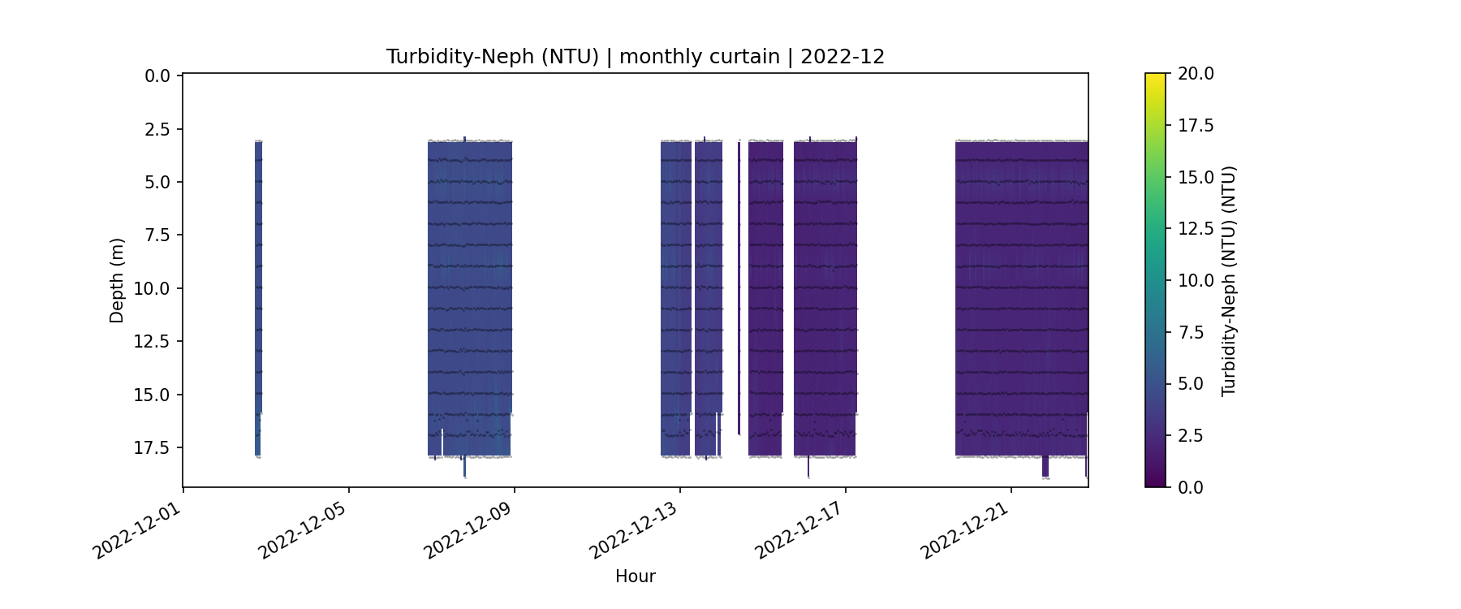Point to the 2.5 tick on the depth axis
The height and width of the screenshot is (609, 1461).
(157, 129)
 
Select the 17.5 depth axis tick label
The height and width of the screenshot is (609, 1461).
(153, 448)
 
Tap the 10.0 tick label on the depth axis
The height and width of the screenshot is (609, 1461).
(153, 289)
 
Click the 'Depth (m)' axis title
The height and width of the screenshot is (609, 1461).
(117, 280)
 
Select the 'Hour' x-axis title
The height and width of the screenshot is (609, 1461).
(635, 577)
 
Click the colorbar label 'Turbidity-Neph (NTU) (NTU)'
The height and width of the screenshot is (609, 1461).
(1228, 280)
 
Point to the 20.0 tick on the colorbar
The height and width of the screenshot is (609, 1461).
(1196, 74)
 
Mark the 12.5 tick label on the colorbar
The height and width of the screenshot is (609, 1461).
(1196, 229)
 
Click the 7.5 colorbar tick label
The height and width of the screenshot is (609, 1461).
(1191, 332)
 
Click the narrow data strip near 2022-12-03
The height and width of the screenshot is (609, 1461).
(258, 292)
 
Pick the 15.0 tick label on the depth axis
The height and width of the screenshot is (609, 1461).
(153, 395)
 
